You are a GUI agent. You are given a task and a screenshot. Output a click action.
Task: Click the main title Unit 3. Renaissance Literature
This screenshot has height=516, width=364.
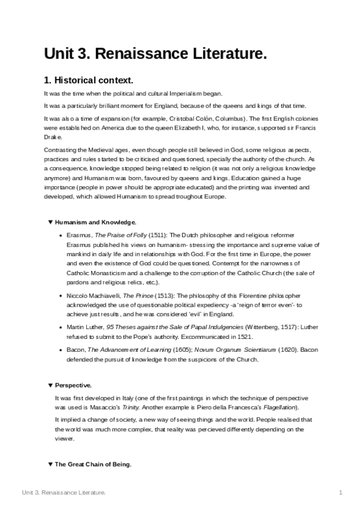coord(155,54)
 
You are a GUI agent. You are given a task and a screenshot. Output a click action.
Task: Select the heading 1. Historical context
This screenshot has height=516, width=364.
coord(88,80)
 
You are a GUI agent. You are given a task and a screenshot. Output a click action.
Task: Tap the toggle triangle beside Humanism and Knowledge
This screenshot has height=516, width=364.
coord(50,222)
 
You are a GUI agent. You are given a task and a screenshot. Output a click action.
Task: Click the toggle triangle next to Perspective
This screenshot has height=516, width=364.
coord(50,385)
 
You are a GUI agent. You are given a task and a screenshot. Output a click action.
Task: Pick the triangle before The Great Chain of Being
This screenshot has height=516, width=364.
coord(50,464)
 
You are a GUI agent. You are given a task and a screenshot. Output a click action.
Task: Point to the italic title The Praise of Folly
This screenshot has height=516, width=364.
coord(120,235)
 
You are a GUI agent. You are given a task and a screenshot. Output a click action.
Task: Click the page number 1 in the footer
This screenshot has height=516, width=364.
coord(342,492)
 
